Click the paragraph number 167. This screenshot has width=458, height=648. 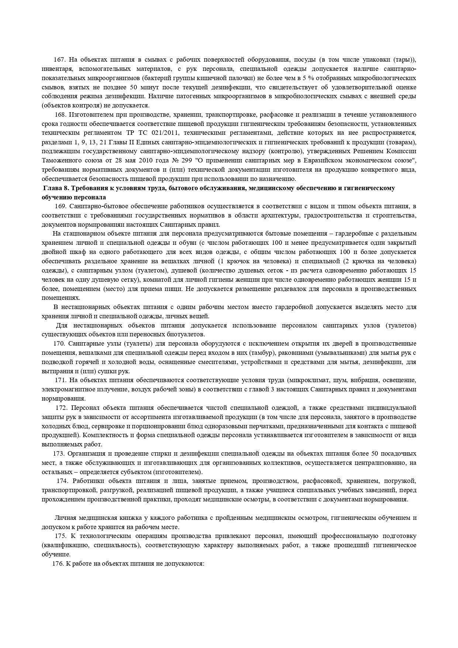pos(59,60)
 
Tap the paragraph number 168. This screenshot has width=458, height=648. pos(61,114)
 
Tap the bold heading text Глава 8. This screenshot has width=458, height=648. pos(56,188)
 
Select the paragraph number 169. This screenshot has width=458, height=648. pos(61,206)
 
